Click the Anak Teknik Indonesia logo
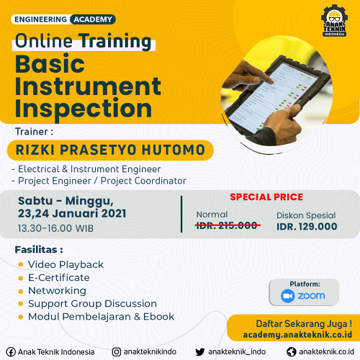point(334,21)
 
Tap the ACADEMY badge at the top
point(93,19)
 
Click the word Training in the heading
point(115,41)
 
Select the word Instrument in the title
point(88,86)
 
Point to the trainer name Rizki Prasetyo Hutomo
point(110,150)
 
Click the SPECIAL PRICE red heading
point(266,197)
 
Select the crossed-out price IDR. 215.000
point(227,225)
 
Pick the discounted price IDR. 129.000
point(307,227)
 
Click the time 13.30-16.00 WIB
point(55,228)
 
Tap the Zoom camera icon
point(288,296)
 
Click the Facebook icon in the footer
point(11,352)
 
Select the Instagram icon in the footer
point(117,352)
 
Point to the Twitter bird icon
point(200,352)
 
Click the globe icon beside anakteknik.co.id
point(292,352)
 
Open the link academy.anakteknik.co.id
point(297,335)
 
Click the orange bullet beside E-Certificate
point(21,278)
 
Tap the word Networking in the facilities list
point(57,291)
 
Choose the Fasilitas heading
point(39,250)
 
